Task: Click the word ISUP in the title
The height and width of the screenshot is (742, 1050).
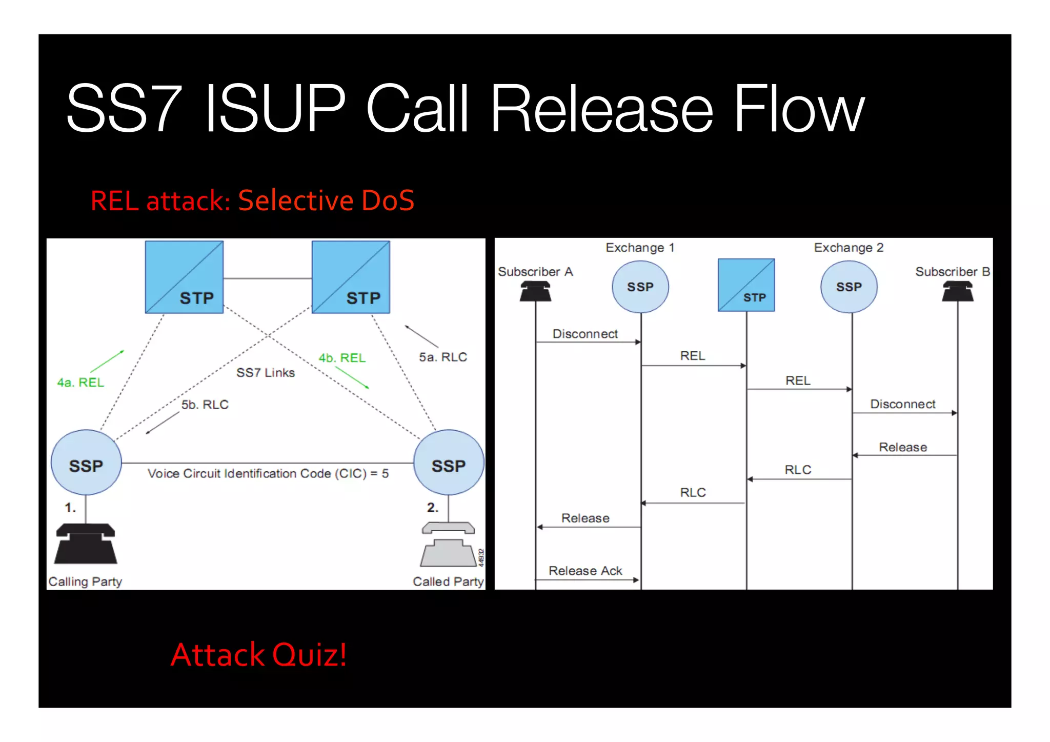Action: pyautogui.click(x=275, y=109)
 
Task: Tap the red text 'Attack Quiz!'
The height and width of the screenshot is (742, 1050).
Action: pyautogui.click(x=258, y=655)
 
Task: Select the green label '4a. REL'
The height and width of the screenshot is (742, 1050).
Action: pyautogui.click(x=80, y=383)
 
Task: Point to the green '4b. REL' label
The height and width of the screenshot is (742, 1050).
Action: pyautogui.click(x=342, y=358)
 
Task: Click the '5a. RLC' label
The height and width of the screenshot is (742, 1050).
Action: pyautogui.click(x=443, y=357)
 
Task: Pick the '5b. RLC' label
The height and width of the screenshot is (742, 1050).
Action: pyautogui.click(x=205, y=405)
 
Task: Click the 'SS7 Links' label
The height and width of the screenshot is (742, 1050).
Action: pyautogui.click(x=265, y=373)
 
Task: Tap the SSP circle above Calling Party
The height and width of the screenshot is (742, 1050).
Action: pyautogui.click(x=86, y=463)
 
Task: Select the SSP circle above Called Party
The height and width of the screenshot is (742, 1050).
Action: pyautogui.click(x=448, y=463)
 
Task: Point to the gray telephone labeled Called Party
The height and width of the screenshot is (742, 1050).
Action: pyautogui.click(x=448, y=546)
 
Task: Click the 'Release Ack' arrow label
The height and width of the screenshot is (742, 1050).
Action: pyautogui.click(x=585, y=571)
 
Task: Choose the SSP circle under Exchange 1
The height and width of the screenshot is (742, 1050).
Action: pyautogui.click(x=640, y=287)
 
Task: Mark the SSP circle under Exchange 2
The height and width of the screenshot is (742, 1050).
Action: pyautogui.click(x=849, y=287)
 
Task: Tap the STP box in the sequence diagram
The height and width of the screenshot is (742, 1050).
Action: pyautogui.click(x=746, y=285)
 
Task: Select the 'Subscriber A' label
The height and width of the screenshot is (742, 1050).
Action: pyautogui.click(x=535, y=272)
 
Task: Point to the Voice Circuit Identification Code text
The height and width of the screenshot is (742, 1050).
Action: pyautogui.click(x=268, y=473)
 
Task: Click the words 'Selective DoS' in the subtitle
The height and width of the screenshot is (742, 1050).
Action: pyautogui.click(x=326, y=200)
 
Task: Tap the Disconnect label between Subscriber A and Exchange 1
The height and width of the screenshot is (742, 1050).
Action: pyautogui.click(x=585, y=334)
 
